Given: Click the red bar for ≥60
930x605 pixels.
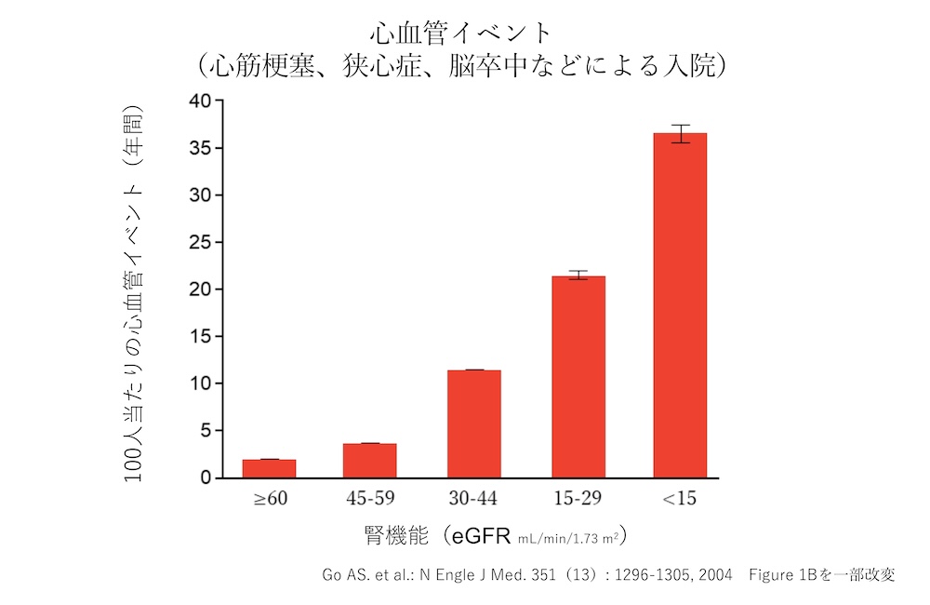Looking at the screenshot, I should coord(269,468).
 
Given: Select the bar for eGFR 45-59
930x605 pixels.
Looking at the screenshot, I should coord(369,461).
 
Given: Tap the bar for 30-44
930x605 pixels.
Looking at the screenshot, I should coord(473,423).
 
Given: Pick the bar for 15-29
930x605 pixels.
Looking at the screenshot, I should coord(578,377).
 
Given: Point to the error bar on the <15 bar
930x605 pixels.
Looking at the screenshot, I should coord(680,133).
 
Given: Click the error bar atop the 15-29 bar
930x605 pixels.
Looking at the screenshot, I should coord(578,275).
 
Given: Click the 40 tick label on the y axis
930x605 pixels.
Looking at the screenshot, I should coord(200,101).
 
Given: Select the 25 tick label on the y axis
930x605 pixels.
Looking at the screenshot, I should coord(200,243).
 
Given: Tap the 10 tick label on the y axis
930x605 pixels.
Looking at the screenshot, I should coord(200,383).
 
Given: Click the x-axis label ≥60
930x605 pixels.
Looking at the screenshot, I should coord(271,499).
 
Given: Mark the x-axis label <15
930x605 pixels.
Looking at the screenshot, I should coord(680,499).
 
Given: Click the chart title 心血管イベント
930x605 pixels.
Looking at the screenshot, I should coord(461,34).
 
